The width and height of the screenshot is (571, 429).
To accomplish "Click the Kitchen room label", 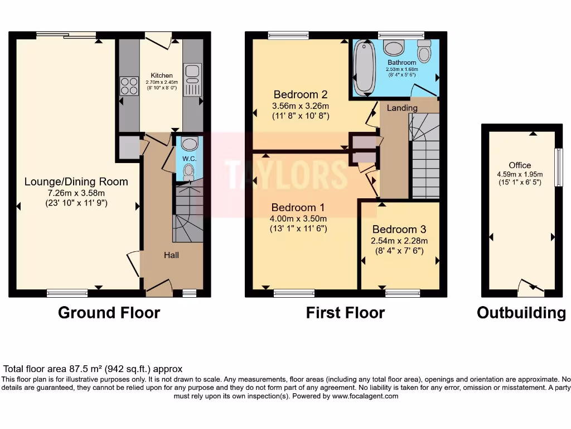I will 162,75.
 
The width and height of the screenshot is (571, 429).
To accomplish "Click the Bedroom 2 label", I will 300,94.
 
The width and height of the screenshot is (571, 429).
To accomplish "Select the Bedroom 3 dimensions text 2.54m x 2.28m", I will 399,241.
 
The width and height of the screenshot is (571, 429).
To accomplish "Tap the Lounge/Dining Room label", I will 76,182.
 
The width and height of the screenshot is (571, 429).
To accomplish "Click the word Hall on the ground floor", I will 171,255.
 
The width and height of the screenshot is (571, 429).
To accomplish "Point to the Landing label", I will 402,108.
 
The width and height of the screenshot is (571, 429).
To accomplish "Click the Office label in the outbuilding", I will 520,165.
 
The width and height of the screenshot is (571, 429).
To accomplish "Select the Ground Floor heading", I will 109,313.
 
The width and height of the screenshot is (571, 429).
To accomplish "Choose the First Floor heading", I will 345,313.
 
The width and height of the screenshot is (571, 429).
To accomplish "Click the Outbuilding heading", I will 521,313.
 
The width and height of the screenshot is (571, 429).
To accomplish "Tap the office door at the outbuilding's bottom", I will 530,287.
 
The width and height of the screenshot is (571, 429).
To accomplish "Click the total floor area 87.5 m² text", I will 93,369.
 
